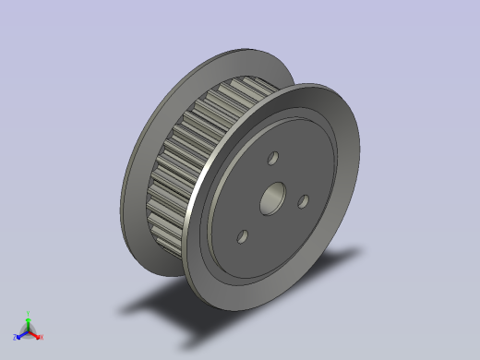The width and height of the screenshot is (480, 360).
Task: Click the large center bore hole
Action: click(x=273, y=196)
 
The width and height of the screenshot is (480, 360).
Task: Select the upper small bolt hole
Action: click(x=272, y=159)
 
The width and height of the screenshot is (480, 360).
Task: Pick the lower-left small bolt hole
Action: click(x=242, y=236)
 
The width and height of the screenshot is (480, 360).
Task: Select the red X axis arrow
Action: click(x=36, y=334)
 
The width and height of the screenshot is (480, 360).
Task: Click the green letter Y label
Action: click(x=29, y=314)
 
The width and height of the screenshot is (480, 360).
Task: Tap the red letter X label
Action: click(x=41, y=337)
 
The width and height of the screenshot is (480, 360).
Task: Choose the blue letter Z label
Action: click(x=15, y=337)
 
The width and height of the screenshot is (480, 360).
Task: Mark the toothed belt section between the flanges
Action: click(x=189, y=157)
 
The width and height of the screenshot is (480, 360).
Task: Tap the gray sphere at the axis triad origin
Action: click(x=28, y=330)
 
